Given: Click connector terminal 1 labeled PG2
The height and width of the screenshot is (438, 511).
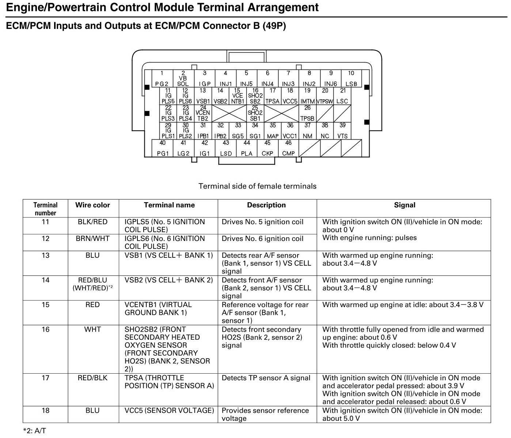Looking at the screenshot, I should pyautogui.click(x=162, y=79).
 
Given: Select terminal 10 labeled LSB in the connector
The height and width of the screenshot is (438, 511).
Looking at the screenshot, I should pyautogui.click(x=351, y=79).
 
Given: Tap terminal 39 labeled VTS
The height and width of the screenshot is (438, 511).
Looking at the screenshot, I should pyautogui.click(x=342, y=131).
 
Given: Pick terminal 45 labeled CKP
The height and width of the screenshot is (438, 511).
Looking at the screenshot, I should pyautogui.click(x=268, y=148).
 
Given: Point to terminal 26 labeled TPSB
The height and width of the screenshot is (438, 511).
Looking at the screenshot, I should pyautogui.click(x=307, y=113).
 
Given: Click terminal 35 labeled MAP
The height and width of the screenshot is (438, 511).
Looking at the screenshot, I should pyautogui.click(x=273, y=131).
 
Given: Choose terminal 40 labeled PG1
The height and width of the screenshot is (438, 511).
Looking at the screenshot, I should pyautogui.click(x=163, y=148).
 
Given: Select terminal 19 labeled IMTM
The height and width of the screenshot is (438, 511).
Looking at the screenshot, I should pyautogui.click(x=307, y=96).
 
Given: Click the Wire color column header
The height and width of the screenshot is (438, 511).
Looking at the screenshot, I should pyautogui.click(x=92, y=205).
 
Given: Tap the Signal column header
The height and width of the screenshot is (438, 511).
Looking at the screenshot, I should pyautogui.click(x=404, y=205).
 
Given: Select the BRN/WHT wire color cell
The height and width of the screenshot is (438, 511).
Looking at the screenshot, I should pyautogui.click(x=92, y=239).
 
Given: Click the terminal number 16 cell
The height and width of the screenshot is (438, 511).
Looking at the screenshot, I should pyautogui.click(x=45, y=329).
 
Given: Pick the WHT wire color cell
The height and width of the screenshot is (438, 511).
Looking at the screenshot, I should pyautogui.click(x=92, y=329).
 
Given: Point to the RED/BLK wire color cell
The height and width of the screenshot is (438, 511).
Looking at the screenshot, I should pyautogui.click(x=92, y=378).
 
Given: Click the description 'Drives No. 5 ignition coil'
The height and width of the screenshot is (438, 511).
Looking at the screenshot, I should pyautogui.click(x=262, y=222).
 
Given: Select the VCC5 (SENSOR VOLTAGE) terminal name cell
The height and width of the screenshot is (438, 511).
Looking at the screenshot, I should pyautogui.click(x=169, y=411).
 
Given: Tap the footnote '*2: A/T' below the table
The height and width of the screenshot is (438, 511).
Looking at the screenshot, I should pyautogui.click(x=34, y=431).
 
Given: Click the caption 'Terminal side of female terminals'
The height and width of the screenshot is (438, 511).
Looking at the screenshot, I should pyautogui.click(x=257, y=186).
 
